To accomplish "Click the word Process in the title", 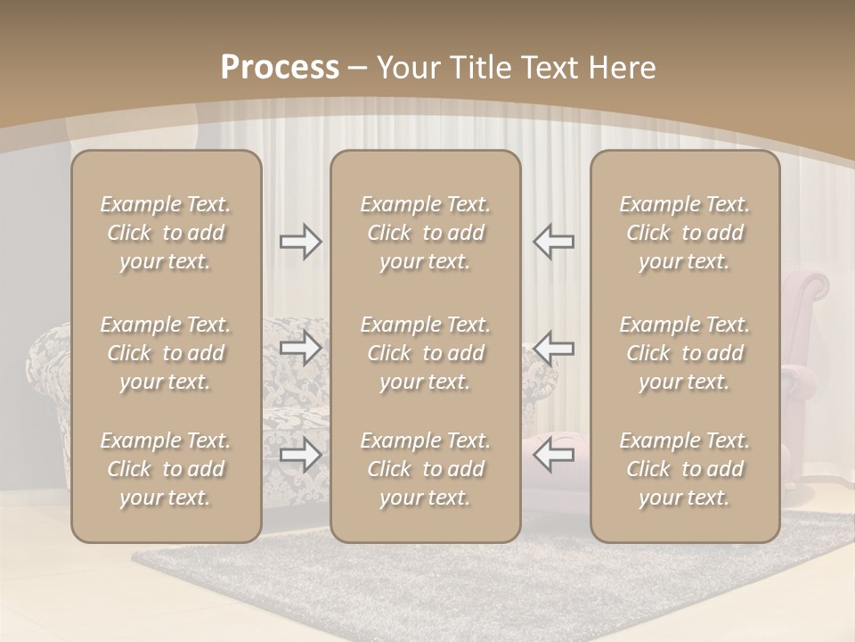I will tap(280, 68).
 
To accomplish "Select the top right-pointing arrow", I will tap(300, 242).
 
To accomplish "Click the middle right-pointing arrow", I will tap(300, 348).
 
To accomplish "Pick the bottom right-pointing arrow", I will tap(300, 455).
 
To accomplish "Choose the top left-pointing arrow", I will tap(553, 242).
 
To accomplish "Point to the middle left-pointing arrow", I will tap(553, 348).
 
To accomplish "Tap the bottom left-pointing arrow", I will tap(553, 455).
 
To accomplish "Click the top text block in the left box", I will tap(166, 233).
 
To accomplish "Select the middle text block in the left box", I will tap(166, 353).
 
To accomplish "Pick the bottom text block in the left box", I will tap(166, 469).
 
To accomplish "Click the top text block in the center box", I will tap(426, 233).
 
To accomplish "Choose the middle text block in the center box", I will tap(426, 353).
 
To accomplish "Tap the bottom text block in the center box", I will tap(426, 469).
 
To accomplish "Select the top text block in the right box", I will tap(685, 233).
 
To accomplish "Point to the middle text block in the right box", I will tap(685, 353).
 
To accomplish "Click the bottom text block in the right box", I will tap(685, 469).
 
